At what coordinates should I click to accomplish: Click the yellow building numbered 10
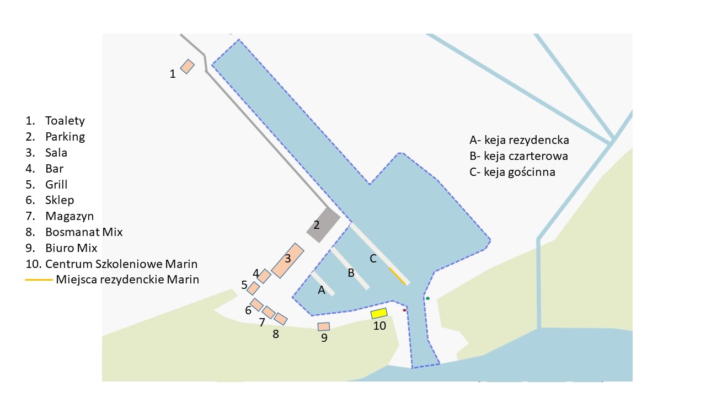(379, 313)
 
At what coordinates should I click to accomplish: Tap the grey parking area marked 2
(323, 226)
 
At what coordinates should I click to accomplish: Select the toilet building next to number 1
(188, 66)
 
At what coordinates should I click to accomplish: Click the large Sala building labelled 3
(288, 261)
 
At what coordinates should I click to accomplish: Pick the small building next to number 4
(264, 276)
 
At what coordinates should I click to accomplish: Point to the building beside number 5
(253, 288)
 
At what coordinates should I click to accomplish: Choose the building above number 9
(324, 326)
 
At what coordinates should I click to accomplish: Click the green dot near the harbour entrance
(427, 298)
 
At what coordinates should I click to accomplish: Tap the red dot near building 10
(404, 310)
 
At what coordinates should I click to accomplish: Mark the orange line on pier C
(397, 276)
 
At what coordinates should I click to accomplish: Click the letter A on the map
(322, 291)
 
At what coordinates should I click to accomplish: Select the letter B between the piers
(351, 272)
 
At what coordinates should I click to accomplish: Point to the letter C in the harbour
(373, 259)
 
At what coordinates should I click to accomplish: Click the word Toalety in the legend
(65, 121)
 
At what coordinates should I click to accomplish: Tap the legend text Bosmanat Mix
(84, 232)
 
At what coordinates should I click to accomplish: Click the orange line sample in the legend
(39, 280)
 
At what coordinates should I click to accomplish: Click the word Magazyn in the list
(69, 216)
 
